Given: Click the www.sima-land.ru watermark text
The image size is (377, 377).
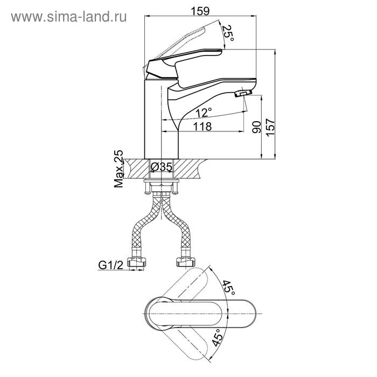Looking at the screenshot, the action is [x=69, y=17].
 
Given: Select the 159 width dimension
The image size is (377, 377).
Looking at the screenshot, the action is [x=200, y=11].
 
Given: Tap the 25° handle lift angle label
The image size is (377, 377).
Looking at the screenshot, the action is [x=228, y=33].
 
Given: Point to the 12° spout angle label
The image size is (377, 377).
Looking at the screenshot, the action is [x=204, y=112].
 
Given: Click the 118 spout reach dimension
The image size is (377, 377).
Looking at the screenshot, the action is [x=203, y=127].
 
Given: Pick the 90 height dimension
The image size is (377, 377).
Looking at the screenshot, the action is [x=256, y=127].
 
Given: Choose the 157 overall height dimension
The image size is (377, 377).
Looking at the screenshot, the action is [x=270, y=128].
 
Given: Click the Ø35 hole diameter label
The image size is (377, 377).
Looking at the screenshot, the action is [x=162, y=166].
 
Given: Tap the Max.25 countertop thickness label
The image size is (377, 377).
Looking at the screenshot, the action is [x=118, y=169].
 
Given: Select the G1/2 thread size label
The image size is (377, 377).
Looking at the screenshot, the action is [x=110, y=265].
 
